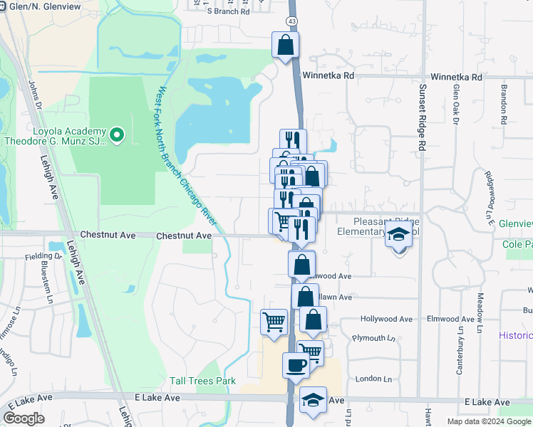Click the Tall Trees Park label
tap(202, 381)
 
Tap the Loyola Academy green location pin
tap(118, 133)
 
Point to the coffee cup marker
tap(296, 366)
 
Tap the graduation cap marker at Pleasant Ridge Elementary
tap(399, 234)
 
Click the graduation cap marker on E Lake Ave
tap(313, 401)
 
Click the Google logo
tap(24, 418)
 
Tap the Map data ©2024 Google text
tap(487, 421)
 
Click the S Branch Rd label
tap(228, 11)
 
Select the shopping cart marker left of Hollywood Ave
tap(274, 322)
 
